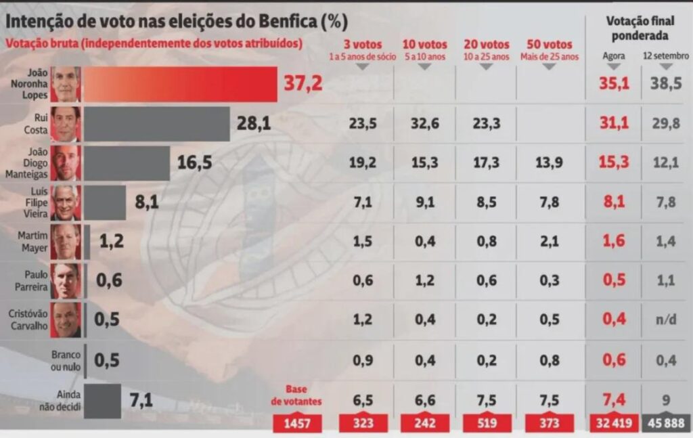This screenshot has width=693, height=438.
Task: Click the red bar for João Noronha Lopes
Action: click(x=179, y=84)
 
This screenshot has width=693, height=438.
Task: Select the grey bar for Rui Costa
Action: click(x=156, y=124)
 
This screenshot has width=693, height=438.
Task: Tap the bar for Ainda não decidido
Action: click(x=102, y=401)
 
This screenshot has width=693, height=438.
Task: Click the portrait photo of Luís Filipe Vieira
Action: click(x=66, y=202)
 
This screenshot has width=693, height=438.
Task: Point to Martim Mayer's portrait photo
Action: click(x=66, y=242)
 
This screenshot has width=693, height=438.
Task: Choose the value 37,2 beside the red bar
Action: click(x=303, y=84)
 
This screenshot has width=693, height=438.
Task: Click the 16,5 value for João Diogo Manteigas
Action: click(x=194, y=163)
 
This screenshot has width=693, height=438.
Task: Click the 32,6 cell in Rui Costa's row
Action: click(x=424, y=124)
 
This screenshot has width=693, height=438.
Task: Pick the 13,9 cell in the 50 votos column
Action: click(x=549, y=163)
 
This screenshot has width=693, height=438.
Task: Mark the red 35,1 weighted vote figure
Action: click(x=614, y=84)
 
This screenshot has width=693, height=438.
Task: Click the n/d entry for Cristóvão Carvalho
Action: click(x=666, y=320)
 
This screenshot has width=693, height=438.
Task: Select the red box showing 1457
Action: click(x=297, y=424)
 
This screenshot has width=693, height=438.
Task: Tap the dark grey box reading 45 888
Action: click(x=666, y=424)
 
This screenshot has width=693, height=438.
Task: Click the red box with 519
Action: click(x=487, y=424)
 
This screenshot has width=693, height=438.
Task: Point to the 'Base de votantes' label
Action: click(x=296, y=395)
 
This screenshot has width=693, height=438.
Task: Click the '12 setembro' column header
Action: click(x=666, y=56)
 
